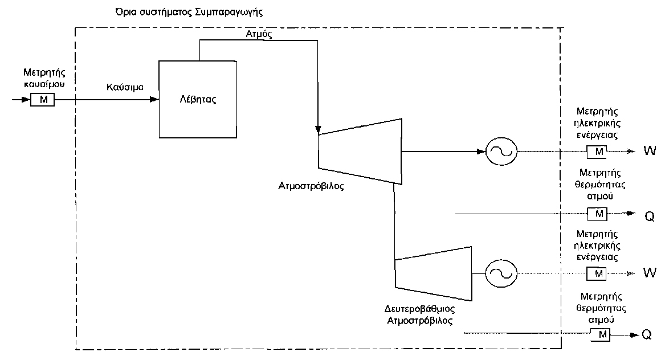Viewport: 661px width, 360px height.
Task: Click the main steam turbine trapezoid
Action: pos(360,151)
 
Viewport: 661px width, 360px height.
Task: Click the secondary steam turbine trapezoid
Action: pos(433,273)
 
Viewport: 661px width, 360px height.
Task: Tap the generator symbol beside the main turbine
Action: pos(501,152)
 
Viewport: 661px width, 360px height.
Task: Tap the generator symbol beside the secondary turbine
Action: pos(501,273)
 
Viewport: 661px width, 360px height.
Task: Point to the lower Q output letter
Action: pos(646,334)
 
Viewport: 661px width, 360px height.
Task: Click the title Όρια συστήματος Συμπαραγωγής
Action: pos(181,11)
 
